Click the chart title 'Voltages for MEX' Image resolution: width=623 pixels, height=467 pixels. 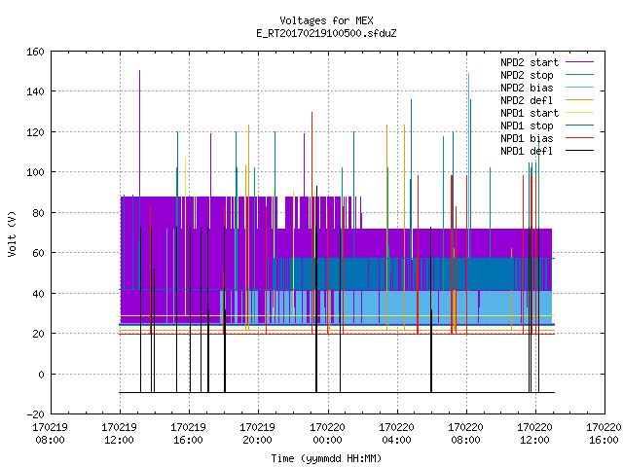(x=326, y=20)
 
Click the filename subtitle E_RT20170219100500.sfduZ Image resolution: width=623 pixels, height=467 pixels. (x=326, y=33)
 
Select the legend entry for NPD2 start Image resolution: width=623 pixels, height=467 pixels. (x=530, y=62)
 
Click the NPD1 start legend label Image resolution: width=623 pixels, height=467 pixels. (x=530, y=113)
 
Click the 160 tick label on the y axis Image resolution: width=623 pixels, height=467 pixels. (x=35, y=52)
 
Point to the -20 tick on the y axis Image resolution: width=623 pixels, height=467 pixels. (x=35, y=414)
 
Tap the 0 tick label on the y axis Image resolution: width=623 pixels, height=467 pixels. (x=41, y=374)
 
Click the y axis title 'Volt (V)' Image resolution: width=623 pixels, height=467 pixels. (x=13, y=233)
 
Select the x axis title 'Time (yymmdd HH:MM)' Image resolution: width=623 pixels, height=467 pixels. (x=326, y=458)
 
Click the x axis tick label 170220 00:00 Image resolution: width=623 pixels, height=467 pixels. (x=327, y=434)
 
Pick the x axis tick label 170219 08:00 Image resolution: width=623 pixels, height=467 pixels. (x=50, y=434)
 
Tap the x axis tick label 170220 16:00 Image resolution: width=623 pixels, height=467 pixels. (x=604, y=434)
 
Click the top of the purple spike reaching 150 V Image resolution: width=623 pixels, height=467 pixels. (x=139, y=71)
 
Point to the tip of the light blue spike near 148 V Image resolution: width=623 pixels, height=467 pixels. (x=468, y=74)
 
